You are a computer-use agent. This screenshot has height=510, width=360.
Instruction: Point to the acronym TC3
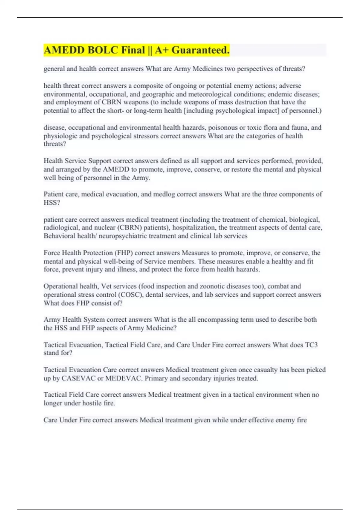[311, 345]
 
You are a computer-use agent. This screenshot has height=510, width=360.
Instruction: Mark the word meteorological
[212, 94]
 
